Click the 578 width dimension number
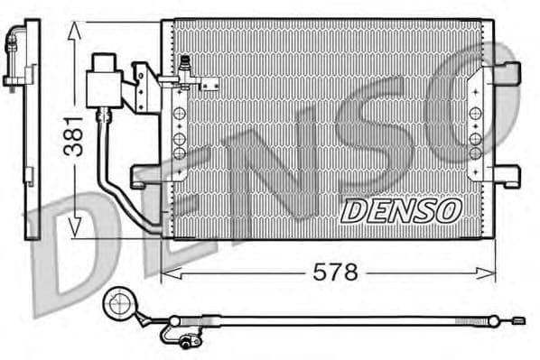tap(336, 271)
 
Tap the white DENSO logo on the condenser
tap(400, 211)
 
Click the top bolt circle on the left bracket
tap(179, 114)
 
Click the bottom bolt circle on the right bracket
tap(475, 153)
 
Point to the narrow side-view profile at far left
tap(30, 135)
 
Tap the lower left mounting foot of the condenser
tap(144, 176)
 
